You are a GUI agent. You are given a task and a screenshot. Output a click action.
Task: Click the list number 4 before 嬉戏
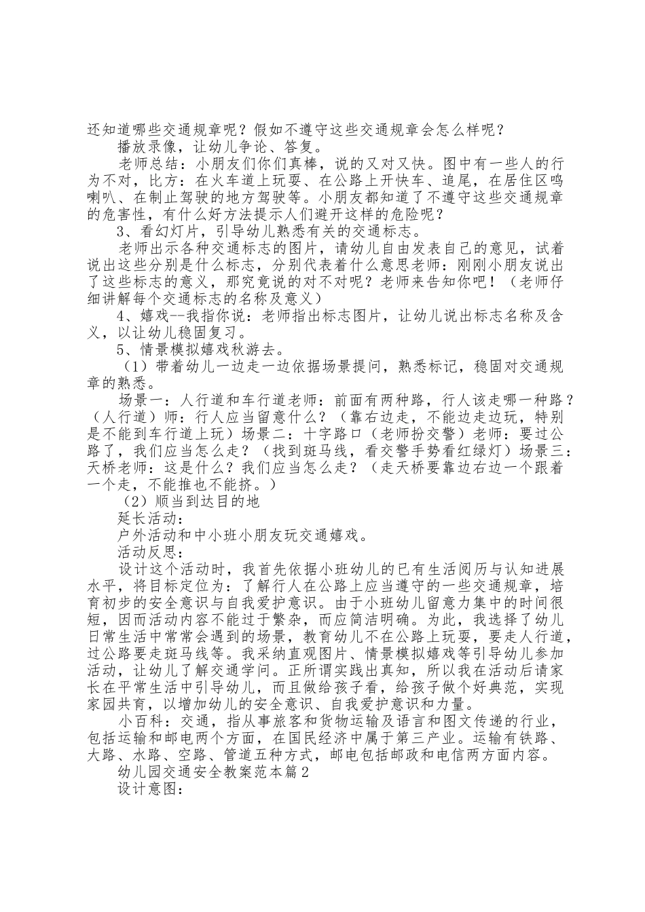coord(122,317)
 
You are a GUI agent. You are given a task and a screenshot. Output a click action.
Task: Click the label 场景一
coord(142,401)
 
